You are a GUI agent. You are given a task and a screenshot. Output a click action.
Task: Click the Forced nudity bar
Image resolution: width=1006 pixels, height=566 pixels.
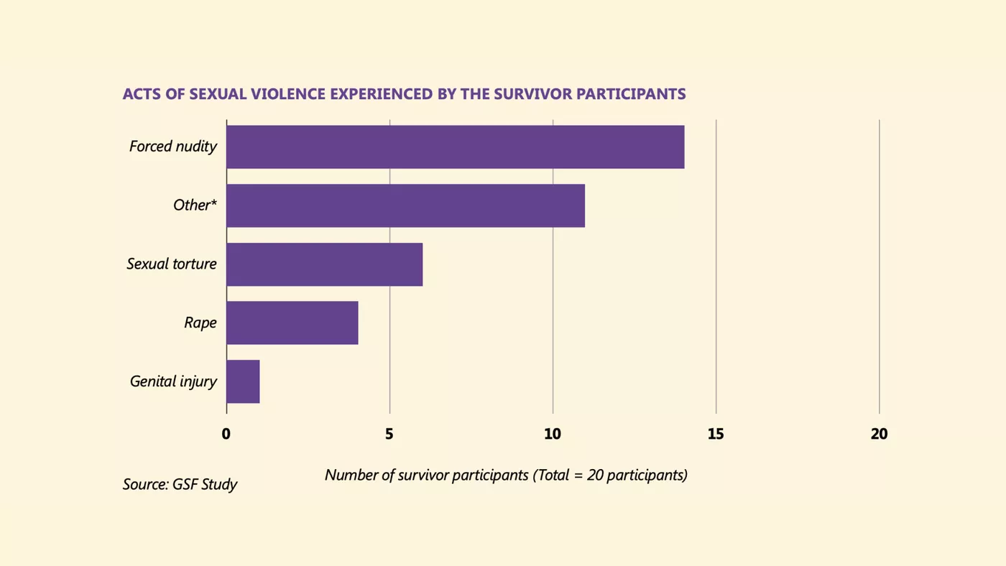pyautogui.click(x=456, y=147)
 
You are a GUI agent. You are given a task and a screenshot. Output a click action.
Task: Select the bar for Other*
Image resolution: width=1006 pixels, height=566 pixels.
pyautogui.click(x=405, y=205)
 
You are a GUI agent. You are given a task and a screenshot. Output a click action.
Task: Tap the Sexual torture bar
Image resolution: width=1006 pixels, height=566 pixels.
pyautogui.click(x=325, y=264)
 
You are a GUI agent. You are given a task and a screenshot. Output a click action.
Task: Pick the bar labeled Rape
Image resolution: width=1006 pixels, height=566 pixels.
pyautogui.click(x=292, y=323)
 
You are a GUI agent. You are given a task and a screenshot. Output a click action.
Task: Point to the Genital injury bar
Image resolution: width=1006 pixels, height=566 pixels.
pyautogui.click(x=243, y=381)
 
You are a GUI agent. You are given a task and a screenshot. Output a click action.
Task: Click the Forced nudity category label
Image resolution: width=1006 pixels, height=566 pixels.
pyautogui.click(x=173, y=147)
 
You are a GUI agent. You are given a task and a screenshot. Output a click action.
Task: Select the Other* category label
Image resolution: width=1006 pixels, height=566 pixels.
pyautogui.click(x=195, y=205)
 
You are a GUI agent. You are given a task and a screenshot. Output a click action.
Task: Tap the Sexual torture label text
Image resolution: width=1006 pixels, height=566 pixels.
pyautogui.click(x=172, y=264)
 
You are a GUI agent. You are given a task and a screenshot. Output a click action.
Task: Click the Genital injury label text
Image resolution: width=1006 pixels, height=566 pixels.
pyautogui.click(x=173, y=381)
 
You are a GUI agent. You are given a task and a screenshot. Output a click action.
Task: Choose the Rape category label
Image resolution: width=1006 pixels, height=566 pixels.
pyautogui.click(x=200, y=323)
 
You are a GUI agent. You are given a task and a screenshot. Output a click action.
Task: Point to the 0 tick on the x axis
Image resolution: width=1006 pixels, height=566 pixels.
pyautogui.click(x=226, y=434)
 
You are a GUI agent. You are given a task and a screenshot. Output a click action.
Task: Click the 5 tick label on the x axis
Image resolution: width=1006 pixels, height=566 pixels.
pyautogui.click(x=389, y=434)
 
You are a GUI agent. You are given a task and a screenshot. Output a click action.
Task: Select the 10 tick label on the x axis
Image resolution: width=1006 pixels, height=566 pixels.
pyautogui.click(x=553, y=434)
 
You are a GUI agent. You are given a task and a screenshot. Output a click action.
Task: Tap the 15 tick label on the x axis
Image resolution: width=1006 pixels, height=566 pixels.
pyautogui.click(x=716, y=434)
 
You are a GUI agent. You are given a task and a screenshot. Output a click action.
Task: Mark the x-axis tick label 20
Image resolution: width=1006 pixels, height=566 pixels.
pyautogui.click(x=880, y=434)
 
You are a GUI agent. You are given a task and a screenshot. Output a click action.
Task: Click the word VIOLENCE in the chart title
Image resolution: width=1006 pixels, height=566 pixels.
pyautogui.click(x=288, y=94)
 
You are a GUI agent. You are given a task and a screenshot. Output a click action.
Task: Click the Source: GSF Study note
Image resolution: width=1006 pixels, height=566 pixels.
pyautogui.click(x=180, y=484)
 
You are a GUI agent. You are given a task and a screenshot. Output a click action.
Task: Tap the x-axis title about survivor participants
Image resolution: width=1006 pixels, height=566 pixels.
pyautogui.click(x=506, y=475)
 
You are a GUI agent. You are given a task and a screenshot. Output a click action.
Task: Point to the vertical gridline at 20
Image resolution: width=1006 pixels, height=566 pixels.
pyautogui.click(x=880, y=266)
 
